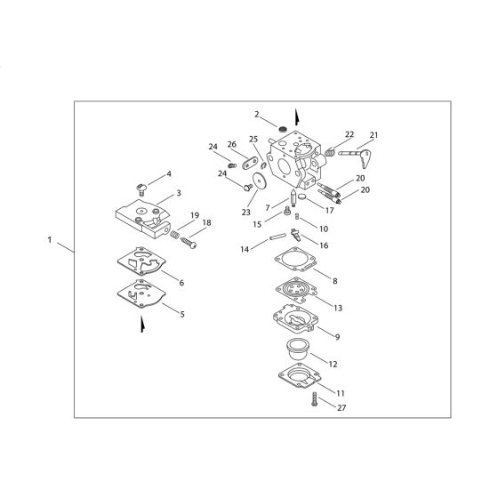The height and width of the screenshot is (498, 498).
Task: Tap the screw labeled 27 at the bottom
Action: (314, 402)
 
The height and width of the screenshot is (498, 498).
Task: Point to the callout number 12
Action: (333, 364)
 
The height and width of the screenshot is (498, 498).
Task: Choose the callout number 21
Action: (373, 135)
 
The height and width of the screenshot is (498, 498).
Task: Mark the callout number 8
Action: (333, 281)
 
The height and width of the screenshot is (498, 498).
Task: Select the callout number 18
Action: (206, 223)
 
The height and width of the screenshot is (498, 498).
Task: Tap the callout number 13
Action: (337, 308)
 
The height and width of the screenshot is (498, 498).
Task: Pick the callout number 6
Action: (181, 283)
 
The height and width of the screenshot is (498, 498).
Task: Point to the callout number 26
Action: (231, 145)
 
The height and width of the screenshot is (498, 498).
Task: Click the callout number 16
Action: (324, 245)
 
